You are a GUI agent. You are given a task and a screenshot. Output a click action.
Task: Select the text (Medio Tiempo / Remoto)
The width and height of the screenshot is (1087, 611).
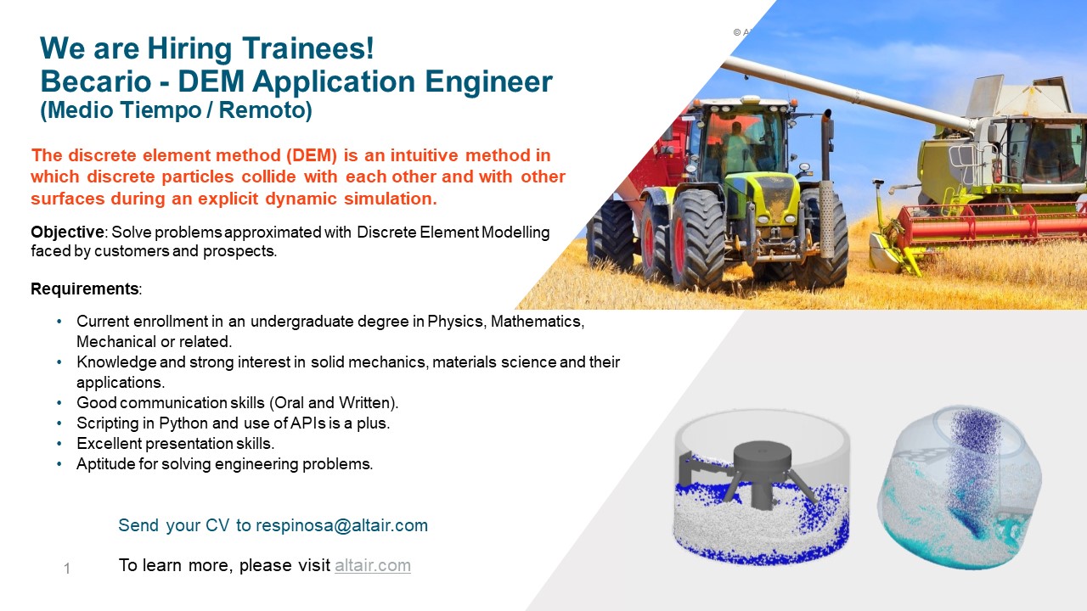(x=176, y=110)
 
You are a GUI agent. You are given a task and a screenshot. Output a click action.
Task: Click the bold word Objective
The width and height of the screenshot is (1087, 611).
(x=67, y=233)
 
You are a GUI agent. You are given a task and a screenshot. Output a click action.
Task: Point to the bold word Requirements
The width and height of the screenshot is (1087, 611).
(x=85, y=289)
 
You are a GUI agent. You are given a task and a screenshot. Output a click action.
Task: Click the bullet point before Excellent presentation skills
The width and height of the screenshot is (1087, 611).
(x=59, y=444)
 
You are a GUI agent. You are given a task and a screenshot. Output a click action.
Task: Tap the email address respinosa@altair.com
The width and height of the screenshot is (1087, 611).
(x=341, y=525)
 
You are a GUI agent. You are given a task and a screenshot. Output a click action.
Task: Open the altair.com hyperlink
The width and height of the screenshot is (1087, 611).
(x=372, y=565)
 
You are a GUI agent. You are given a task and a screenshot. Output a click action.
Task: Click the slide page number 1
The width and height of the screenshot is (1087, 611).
(x=67, y=569)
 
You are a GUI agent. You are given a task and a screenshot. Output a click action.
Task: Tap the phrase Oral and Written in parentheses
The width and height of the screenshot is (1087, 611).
(x=339, y=403)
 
